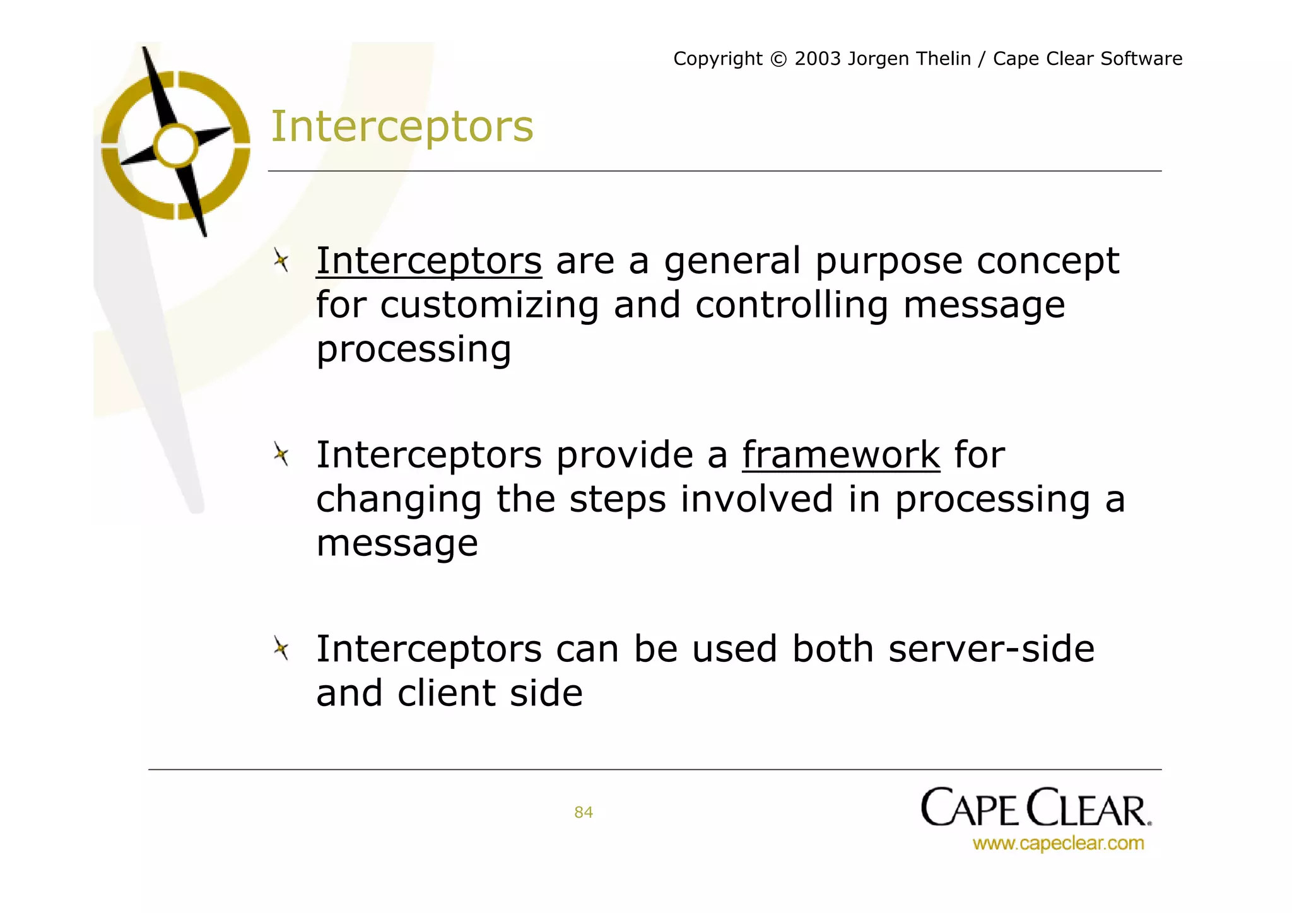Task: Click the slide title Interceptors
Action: click(x=402, y=127)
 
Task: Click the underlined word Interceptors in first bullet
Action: click(x=428, y=261)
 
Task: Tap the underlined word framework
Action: click(x=840, y=455)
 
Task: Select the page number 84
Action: click(x=583, y=812)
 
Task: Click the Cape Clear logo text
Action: click(x=1035, y=808)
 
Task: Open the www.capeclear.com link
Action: click(x=1057, y=844)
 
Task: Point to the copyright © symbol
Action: click(x=778, y=59)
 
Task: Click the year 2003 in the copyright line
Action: click(x=818, y=59)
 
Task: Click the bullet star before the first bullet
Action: click(x=281, y=260)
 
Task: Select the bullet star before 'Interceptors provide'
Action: click(x=281, y=454)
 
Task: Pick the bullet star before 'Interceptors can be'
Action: click(x=281, y=648)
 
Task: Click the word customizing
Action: click(x=489, y=306)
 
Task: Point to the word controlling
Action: click(x=791, y=306)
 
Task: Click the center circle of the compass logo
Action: click(x=176, y=145)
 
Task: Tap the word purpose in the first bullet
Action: click(x=888, y=262)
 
